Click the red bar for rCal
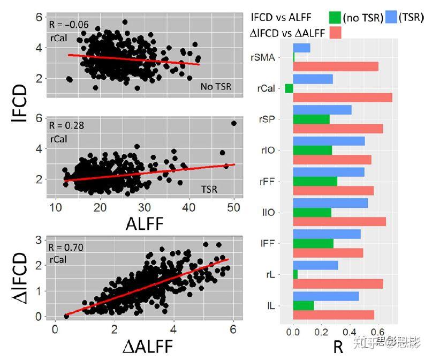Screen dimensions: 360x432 pyautogui.click(x=343, y=97)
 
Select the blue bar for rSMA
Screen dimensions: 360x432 pyautogui.click(x=302, y=48)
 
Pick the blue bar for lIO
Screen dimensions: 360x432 pyautogui.click(x=330, y=203)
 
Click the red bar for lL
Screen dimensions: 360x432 pyautogui.click(x=334, y=315)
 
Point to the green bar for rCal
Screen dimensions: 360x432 pyautogui.click(x=289, y=88)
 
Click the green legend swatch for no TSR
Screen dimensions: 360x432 pyautogui.click(x=337, y=17)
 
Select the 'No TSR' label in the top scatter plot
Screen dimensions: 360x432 pyautogui.click(x=216, y=86)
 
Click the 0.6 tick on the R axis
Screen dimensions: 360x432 pyautogui.click(x=378, y=332)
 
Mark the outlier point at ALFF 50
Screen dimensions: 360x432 pyautogui.click(x=234, y=123)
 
